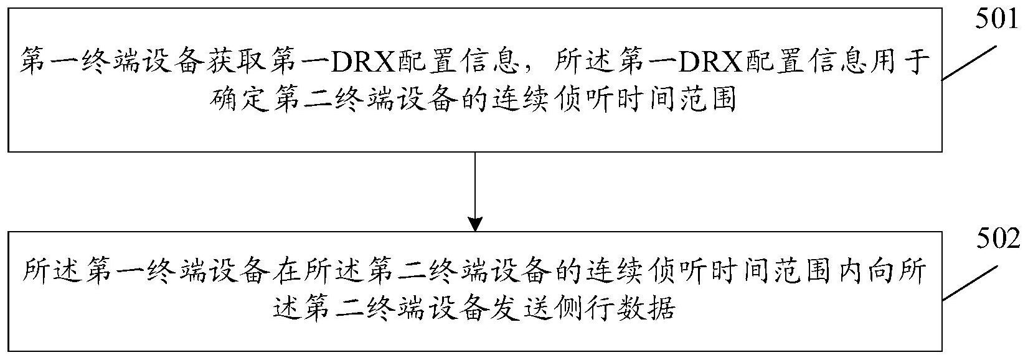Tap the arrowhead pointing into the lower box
click(x=474, y=223)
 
